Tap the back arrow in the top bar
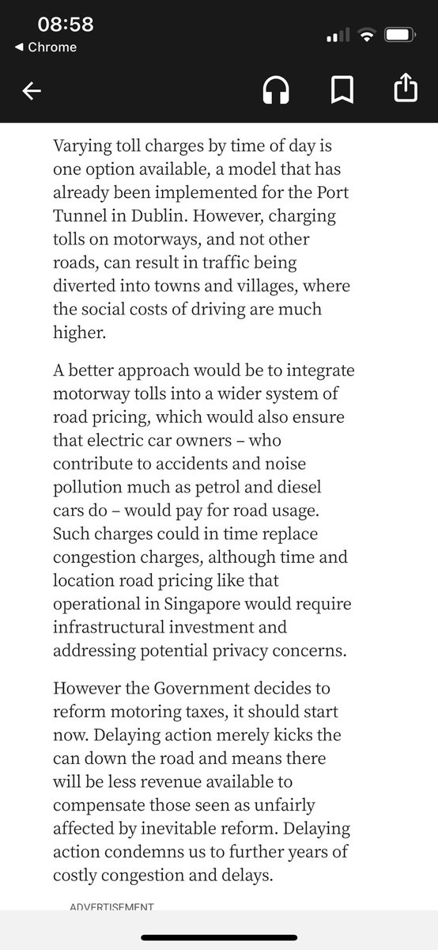click(32, 92)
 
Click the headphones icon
click(276, 92)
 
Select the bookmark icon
click(342, 92)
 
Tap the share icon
click(405, 89)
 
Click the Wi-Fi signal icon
click(365, 36)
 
